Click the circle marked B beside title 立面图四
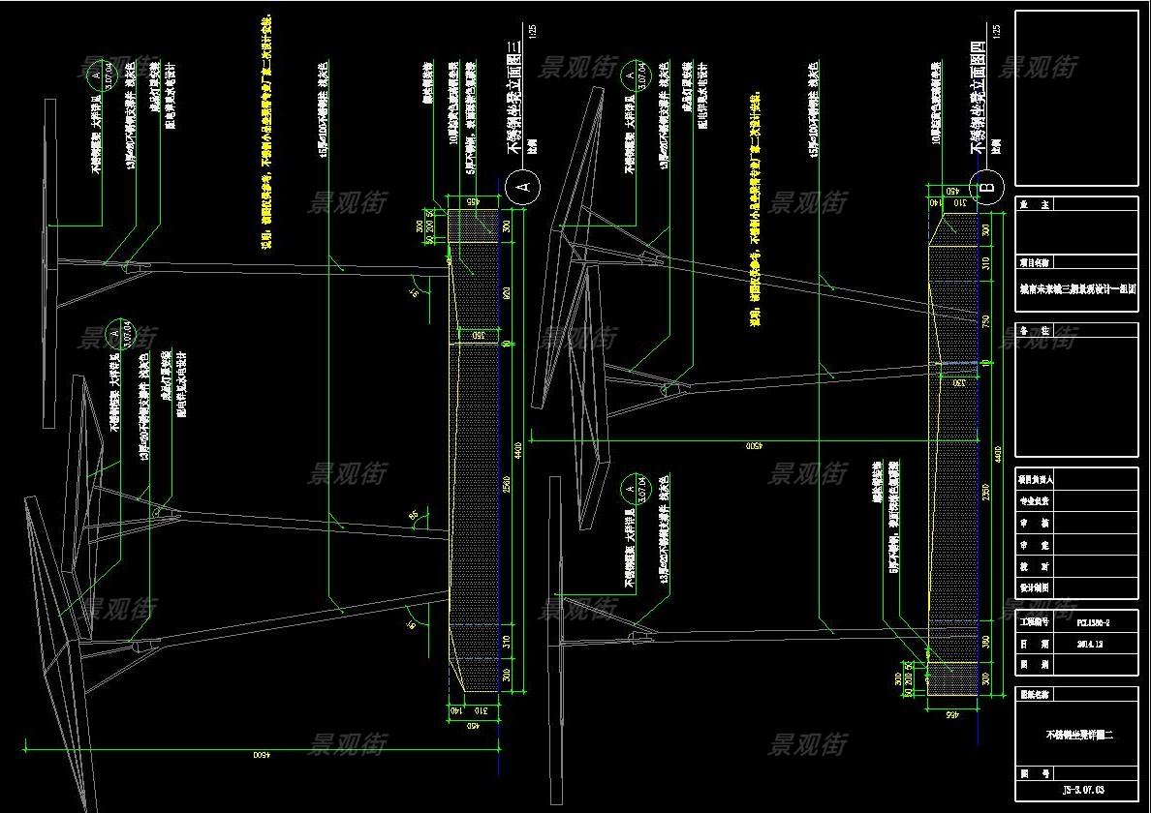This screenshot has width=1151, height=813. click(990, 187)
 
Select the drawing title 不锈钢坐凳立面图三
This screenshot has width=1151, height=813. click(514, 98)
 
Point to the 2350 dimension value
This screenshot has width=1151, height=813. click(986, 493)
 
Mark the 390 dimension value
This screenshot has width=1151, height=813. click(986, 643)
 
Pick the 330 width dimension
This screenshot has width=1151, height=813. click(956, 384)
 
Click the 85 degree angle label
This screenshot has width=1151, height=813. click(413, 515)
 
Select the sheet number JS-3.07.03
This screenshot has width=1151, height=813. click(1076, 792)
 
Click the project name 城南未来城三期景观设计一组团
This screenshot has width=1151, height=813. click(1076, 288)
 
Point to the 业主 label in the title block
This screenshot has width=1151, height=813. click(1033, 205)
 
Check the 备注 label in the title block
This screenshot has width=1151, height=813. click(1033, 331)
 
